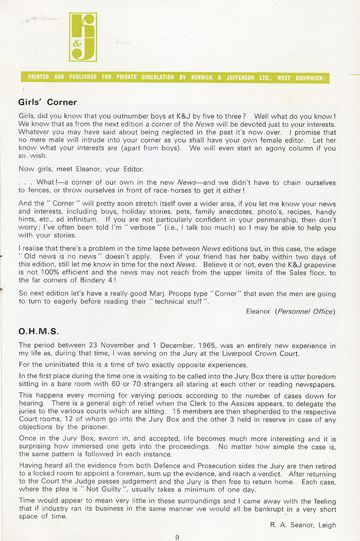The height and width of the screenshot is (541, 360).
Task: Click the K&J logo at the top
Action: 83,37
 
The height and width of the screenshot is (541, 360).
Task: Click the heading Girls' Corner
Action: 47,102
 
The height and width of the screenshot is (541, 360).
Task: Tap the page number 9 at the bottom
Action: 177,537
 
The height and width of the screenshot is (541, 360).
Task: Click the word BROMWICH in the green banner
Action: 308,77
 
